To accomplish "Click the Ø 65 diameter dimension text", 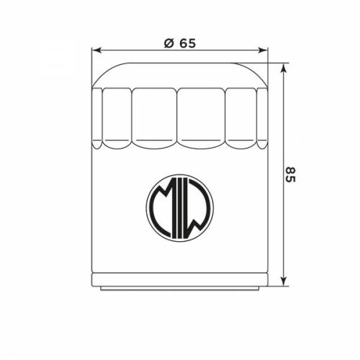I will (x=180, y=42).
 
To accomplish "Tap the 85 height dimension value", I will (x=289, y=174).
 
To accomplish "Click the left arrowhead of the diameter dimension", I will (x=96, y=51).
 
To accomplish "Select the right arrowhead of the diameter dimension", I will (x=264, y=51).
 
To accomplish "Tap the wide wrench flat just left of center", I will (x=155, y=117).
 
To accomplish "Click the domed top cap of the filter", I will (x=180, y=73).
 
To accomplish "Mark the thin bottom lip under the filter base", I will (x=180, y=288).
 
